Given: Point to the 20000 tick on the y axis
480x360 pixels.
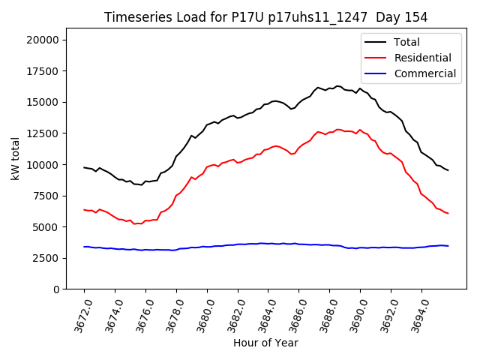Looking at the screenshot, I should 44,40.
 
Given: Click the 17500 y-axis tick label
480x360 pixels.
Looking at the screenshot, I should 44,71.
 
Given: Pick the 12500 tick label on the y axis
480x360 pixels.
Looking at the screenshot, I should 44,133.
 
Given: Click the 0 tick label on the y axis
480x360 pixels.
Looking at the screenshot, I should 57,289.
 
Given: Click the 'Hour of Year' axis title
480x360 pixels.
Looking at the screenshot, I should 265,343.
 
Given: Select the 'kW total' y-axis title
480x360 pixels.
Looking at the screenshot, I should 15,163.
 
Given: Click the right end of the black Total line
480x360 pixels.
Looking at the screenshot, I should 448,170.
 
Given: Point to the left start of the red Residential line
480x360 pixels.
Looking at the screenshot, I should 84,209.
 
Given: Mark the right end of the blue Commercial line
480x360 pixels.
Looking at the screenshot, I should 448,246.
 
